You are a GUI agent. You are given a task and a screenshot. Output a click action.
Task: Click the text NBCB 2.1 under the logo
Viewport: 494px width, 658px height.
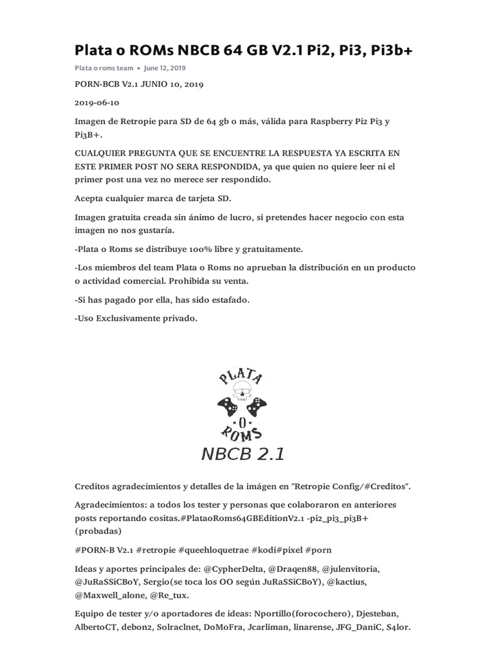pyautogui.click(x=243, y=454)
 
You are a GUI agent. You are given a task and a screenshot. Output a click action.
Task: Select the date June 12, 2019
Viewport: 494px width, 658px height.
pyautogui.click(x=165, y=68)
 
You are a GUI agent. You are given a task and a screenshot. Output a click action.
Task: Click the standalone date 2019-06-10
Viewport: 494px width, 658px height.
pyautogui.click(x=96, y=103)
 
